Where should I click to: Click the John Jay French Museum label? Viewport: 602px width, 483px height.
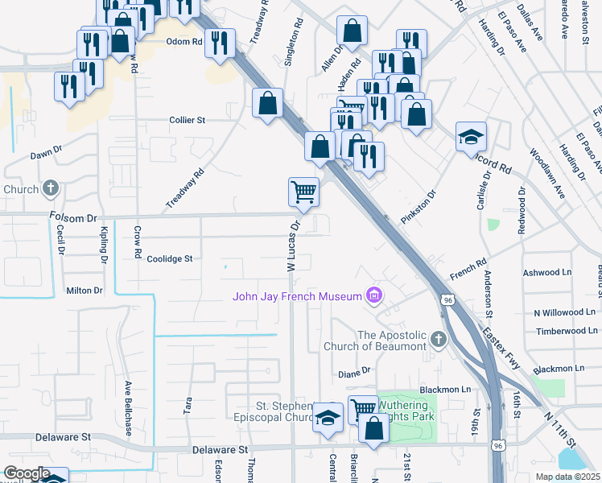coord(297,296)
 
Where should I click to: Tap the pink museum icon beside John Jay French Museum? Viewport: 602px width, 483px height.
coord(373,296)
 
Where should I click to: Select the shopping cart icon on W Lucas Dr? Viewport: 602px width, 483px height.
coord(304,193)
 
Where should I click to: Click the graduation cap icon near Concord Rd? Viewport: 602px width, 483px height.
coord(471,136)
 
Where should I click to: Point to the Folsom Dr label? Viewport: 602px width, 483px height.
coord(72,217)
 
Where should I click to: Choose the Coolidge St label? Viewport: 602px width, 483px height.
coord(170,258)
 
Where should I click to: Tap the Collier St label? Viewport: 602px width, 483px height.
coord(188,120)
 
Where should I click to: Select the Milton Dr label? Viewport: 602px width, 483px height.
coord(85,291)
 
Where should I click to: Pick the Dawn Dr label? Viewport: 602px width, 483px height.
coord(46,153)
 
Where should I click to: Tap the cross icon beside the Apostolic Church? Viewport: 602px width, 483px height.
coord(439,339)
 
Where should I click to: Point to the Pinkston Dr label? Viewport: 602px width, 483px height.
coord(417,208)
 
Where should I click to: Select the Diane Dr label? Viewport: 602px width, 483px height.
coord(353,372)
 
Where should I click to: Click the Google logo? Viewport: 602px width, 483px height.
coord(26,474)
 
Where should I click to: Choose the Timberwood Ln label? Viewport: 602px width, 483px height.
coord(566,331)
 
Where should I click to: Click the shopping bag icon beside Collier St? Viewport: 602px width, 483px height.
coord(267,104)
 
